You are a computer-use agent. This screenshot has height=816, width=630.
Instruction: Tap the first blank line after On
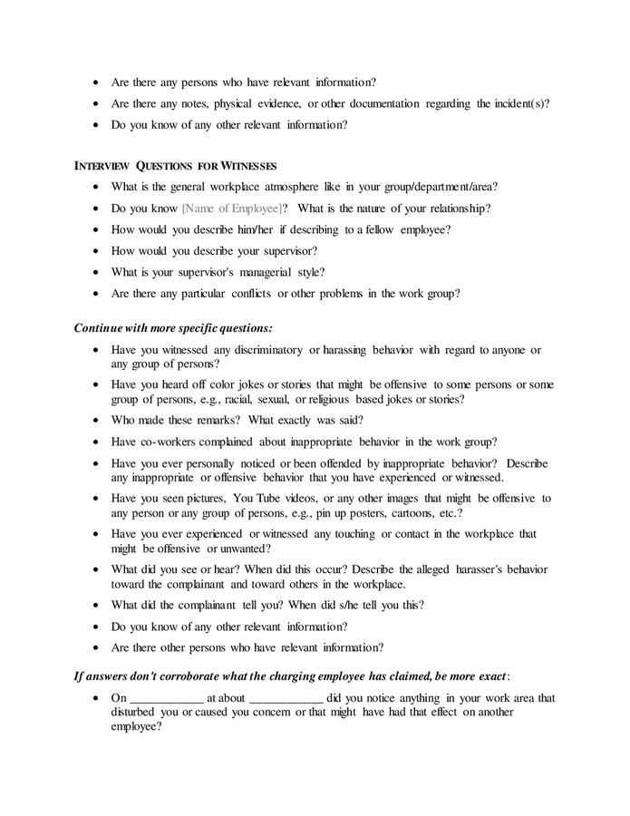click(x=167, y=698)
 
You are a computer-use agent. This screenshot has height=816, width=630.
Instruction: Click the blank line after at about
click(x=286, y=698)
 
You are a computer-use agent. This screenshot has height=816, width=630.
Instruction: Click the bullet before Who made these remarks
click(x=96, y=421)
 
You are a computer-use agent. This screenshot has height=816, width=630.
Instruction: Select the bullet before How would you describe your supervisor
click(x=96, y=251)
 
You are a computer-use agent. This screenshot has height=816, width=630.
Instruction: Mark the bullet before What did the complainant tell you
click(x=96, y=606)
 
